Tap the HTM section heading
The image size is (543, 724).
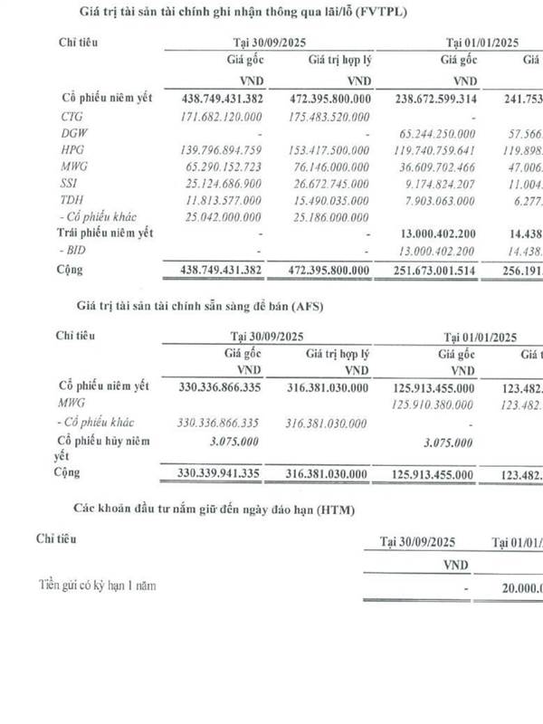(240, 511)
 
